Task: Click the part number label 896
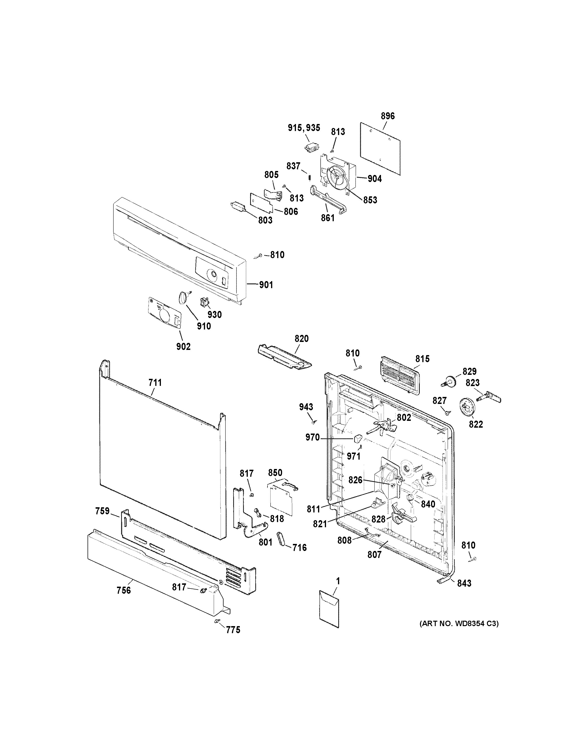pyautogui.click(x=388, y=116)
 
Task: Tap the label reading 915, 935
pyautogui.click(x=304, y=128)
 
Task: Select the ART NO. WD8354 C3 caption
pyautogui.click(x=459, y=624)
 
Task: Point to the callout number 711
pyautogui.click(x=155, y=383)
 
